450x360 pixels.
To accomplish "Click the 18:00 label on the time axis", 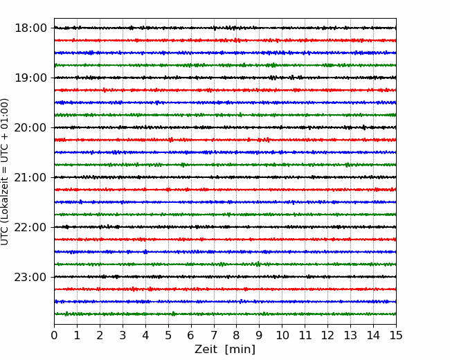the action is click(x=30, y=28).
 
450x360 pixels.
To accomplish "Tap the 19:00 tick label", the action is click(x=30, y=78).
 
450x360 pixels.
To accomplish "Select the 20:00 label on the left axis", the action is click(x=30, y=127).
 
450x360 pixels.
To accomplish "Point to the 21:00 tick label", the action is click(x=30, y=177).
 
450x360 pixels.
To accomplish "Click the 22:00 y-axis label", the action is click(x=30, y=227).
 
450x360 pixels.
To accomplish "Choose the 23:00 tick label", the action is click(x=30, y=277).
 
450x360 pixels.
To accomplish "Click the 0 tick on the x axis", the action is click(x=54, y=335).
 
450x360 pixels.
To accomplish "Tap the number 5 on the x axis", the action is click(x=168, y=335).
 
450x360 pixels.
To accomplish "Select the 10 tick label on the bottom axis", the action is click(x=282, y=335).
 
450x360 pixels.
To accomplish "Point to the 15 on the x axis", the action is click(x=396, y=335).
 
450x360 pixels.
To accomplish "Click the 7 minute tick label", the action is click(x=214, y=335).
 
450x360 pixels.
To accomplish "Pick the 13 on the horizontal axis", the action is click(x=350, y=335).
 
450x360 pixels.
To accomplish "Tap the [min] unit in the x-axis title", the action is click(x=240, y=350).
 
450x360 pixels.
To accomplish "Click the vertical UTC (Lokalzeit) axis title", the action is click(x=5, y=172).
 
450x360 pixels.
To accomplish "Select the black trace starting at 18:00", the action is click(x=225, y=28).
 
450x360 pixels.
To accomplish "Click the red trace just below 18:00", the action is click(x=225, y=40).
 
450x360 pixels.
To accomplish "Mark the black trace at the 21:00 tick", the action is click(x=225, y=177).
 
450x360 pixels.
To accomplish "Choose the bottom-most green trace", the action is click(x=225, y=314).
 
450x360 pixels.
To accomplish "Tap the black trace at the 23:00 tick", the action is click(x=225, y=277).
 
